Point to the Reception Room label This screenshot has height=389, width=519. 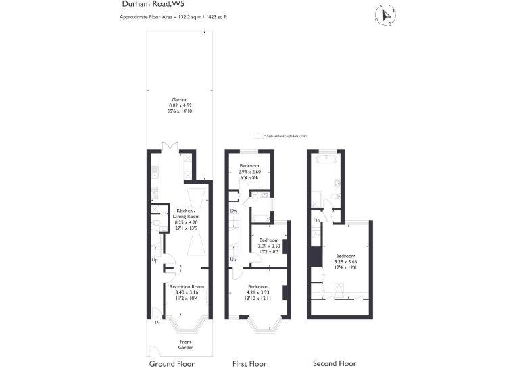tap(187, 292)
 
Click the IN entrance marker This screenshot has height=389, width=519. tap(157, 322)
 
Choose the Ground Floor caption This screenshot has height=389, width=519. tap(172, 364)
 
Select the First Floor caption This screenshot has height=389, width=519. tap(249, 364)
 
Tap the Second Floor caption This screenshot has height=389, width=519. tap(334, 364)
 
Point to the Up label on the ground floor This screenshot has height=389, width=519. tap(154, 260)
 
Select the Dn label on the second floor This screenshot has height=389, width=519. tap(316, 221)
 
